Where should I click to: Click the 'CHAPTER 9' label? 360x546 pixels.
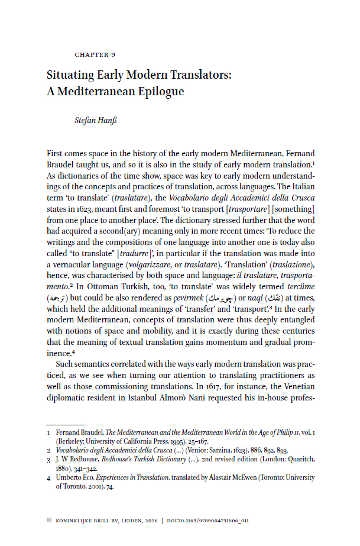tap(95, 55)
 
